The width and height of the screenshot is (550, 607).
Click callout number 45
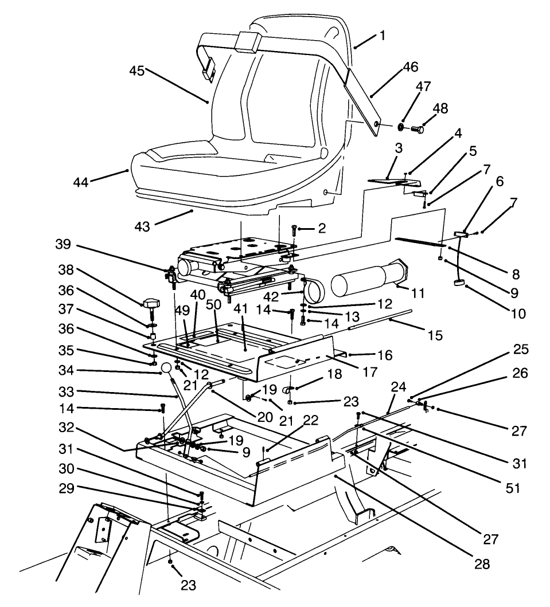click(x=136, y=71)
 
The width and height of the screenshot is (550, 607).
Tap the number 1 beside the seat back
click(x=382, y=36)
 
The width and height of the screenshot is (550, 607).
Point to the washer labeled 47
click(x=400, y=127)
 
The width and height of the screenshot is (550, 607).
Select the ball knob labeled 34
click(x=166, y=368)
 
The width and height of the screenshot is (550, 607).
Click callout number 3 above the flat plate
click(x=399, y=148)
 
